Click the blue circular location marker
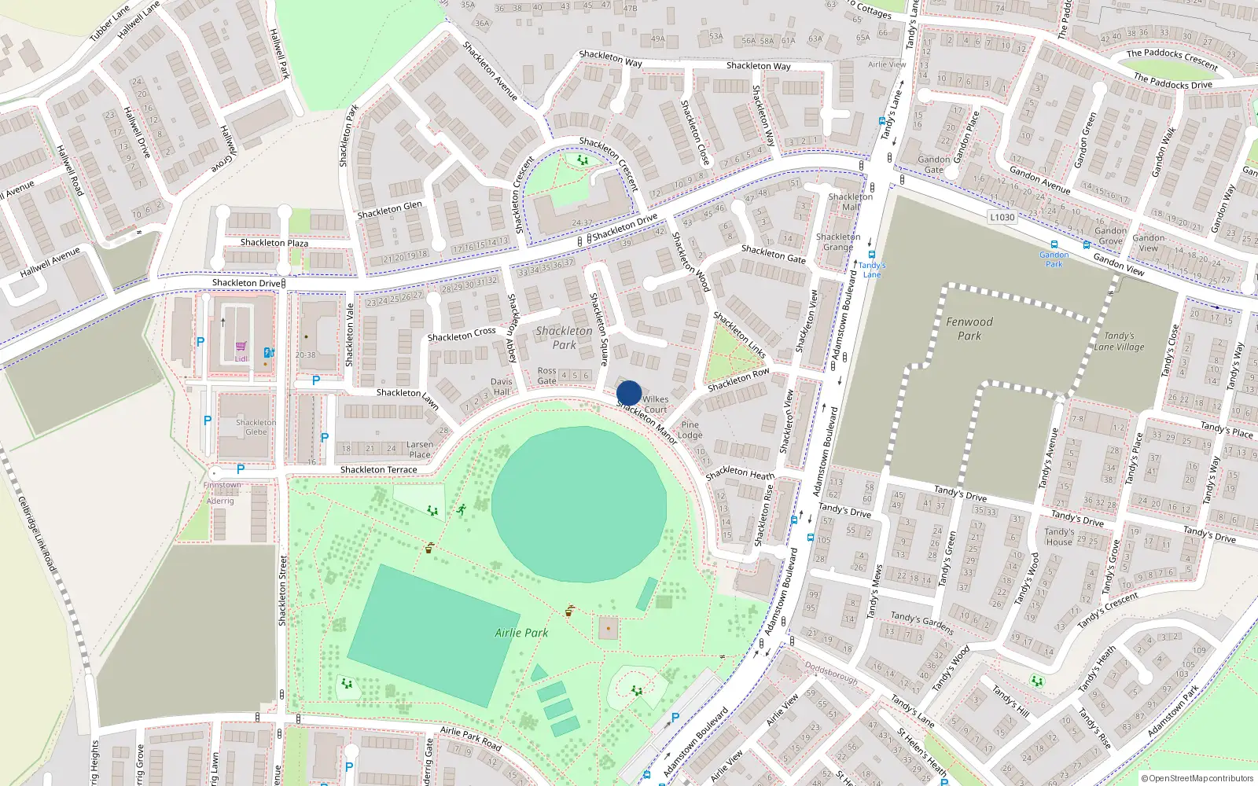coord(629,393)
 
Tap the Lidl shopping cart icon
coord(241,347)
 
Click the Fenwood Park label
coord(969,329)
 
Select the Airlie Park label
coord(521,633)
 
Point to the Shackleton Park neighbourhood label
coord(564,338)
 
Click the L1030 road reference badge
coord(1002,217)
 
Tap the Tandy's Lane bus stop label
coord(872,270)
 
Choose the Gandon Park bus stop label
coord(1054,259)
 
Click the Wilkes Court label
coord(655,404)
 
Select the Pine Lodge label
coord(690,430)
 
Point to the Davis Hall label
coord(501,387)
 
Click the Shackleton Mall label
coord(850,202)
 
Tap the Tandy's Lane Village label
coord(1119,341)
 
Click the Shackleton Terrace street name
coord(378,470)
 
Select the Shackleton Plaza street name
coord(274,243)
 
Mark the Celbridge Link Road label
coord(37,534)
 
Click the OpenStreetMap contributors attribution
coord(1197,778)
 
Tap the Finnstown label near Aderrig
coord(223,485)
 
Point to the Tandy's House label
coord(1058,537)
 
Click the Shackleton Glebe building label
coord(256,427)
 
